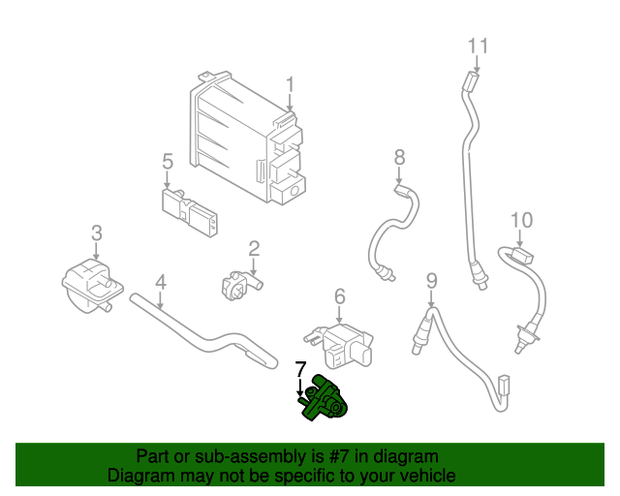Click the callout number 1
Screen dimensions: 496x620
290,86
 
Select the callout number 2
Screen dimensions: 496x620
254,249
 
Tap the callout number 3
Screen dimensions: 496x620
96,232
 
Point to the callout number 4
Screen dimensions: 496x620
161,282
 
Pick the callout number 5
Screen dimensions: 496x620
167,161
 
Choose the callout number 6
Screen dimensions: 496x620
340,295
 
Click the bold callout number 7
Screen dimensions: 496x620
300,369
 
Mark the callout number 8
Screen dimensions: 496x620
399,157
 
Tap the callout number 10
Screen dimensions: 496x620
522,221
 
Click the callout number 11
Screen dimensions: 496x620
479,46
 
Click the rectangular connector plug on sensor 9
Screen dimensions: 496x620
503,386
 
